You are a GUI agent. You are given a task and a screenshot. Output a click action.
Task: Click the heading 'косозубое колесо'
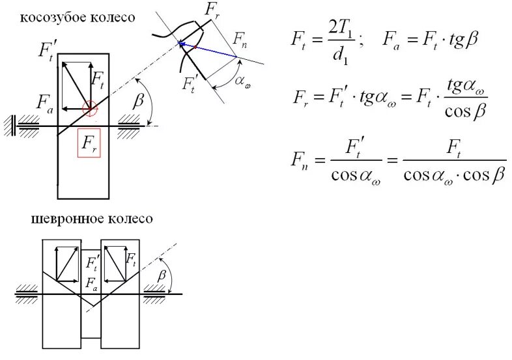tap(78, 18)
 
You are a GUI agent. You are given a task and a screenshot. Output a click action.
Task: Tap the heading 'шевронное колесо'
tap(92, 219)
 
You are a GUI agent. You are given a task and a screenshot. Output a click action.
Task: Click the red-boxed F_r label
tap(89, 143)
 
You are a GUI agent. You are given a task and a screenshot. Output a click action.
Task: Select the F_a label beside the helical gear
tap(44, 102)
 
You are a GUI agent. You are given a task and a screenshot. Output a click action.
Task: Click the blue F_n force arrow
tap(208, 50)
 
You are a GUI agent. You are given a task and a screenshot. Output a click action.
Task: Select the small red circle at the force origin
tap(90, 106)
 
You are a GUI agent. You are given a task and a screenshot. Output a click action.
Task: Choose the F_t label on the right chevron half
tap(131, 260)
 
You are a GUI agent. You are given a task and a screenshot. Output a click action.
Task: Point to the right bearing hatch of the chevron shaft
tap(156, 294)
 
